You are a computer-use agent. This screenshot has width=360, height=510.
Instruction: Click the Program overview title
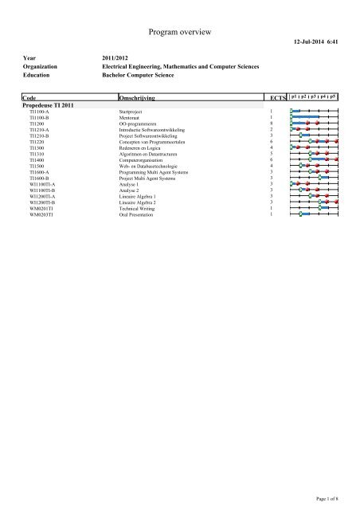180,32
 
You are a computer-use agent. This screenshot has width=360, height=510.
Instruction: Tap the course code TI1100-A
39,112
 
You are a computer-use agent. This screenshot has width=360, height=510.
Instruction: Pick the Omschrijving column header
135,97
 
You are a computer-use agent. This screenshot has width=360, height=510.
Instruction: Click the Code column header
29,97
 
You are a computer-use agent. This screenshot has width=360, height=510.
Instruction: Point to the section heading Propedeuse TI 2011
50,105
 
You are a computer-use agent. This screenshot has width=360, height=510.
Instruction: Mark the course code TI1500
37,165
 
